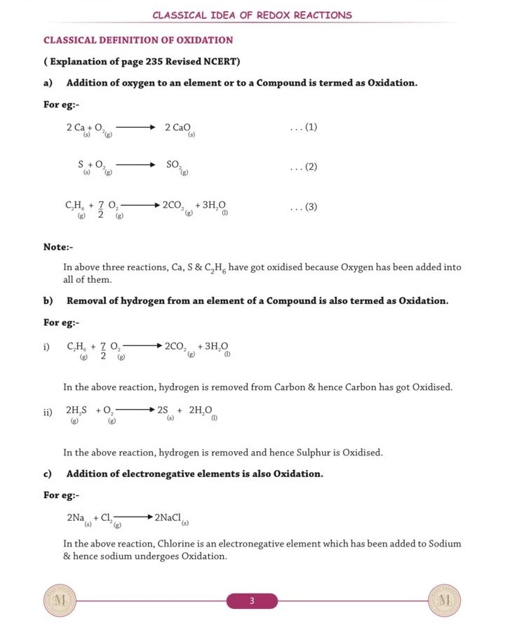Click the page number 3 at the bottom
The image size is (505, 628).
(252, 601)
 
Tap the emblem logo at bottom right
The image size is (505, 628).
(444, 601)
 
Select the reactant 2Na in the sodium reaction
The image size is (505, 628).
(77, 518)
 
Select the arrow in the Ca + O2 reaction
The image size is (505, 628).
(135, 127)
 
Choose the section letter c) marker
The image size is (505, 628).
(48, 474)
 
